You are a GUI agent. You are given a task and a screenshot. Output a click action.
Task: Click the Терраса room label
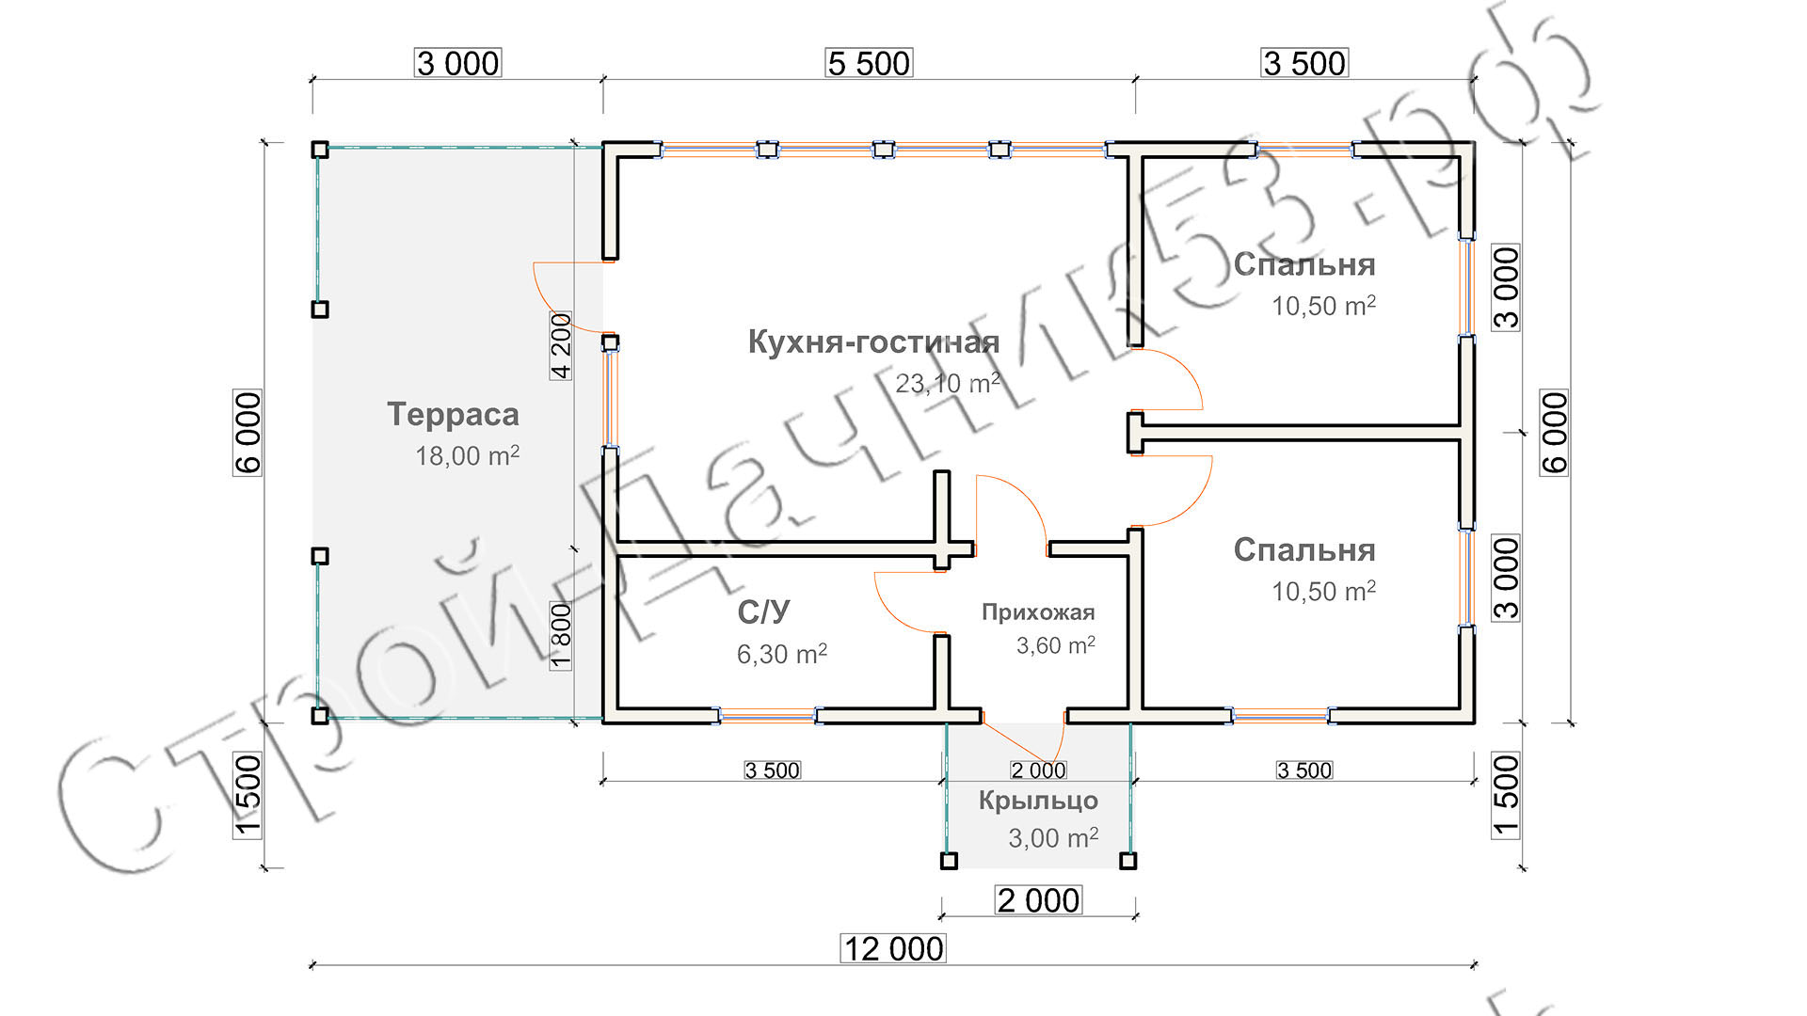pyautogui.click(x=453, y=415)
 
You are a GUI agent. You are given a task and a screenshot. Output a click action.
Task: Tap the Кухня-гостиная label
pyautogui.click(x=873, y=342)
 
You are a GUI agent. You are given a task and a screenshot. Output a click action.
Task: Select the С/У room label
pyautogui.click(x=763, y=612)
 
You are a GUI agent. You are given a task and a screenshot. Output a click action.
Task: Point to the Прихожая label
pyautogui.click(x=1038, y=612)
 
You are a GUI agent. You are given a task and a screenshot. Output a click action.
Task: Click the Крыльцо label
pyautogui.click(x=1038, y=801)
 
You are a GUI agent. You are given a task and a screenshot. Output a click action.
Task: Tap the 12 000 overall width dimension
pyautogui.click(x=892, y=948)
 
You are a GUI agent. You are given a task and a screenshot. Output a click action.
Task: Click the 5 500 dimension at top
pyautogui.click(x=869, y=63)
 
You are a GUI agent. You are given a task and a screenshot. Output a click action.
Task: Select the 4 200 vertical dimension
pyautogui.click(x=561, y=345)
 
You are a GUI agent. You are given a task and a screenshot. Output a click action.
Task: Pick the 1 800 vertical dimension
pyautogui.click(x=561, y=636)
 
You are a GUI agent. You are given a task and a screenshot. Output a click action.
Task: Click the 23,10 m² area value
pyautogui.click(x=947, y=383)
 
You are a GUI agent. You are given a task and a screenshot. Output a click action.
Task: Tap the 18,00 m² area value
pyautogui.click(x=467, y=456)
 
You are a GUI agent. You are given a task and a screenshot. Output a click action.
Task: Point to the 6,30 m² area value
pyautogui.click(x=781, y=654)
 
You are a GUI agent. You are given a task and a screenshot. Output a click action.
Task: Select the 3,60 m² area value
pyautogui.click(x=1055, y=645)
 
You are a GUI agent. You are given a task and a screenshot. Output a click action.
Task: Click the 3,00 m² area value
pyautogui.click(x=1052, y=837)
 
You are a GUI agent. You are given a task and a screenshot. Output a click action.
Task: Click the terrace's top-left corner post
pyautogui.click(x=320, y=150)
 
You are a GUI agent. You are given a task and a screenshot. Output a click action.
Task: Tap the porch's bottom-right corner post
pyautogui.click(x=1128, y=861)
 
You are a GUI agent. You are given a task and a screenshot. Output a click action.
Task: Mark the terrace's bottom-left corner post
pyautogui.click(x=320, y=716)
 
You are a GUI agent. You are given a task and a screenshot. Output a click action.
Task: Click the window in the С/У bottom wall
pyautogui.click(x=767, y=716)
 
